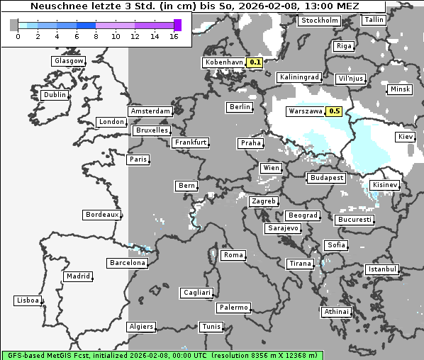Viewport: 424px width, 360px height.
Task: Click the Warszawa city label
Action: [x=305, y=111]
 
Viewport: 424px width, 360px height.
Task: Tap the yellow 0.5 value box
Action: [x=335, y=111]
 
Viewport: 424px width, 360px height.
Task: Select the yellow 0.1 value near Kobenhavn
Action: [x=255, y=62]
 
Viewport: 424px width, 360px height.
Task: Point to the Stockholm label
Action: [x=319, y=21]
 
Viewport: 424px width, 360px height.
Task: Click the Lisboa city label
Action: [x=28, y=300]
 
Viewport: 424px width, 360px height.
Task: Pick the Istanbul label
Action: [x=382, y=269]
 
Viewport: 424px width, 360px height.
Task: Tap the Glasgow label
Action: [x=69, y=61]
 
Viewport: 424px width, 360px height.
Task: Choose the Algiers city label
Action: [x=140, y=327]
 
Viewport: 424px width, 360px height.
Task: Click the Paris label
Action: [x=138, y=159]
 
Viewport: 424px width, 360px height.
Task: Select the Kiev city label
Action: [x=406, y=137]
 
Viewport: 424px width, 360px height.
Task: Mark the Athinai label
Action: [x=336, y=312]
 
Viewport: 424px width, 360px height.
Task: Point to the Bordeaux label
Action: [x=101, y=214]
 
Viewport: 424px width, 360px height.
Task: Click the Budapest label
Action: [x=326, y=177]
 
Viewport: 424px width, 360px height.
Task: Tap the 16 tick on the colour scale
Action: [x=174, y=36]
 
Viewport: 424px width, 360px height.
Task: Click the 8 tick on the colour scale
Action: [x=97, y=36]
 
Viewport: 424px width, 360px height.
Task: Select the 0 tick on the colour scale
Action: [x=18, y=36]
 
